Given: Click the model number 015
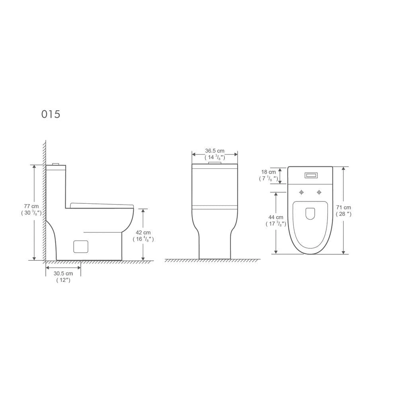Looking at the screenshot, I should (51, 114).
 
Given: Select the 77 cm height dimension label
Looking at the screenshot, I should (31, 206).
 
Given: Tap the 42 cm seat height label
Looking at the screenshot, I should (143, 232).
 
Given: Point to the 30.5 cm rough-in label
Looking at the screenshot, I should (63, 273).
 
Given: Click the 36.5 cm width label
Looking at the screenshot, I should (215, 151).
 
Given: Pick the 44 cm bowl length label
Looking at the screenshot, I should (275, 217).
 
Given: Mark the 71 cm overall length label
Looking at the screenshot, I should (343, 207).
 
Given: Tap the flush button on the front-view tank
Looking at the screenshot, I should (215, 163).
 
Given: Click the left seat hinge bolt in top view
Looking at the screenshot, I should (301, 193).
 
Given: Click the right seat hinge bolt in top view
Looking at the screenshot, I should (319, 193).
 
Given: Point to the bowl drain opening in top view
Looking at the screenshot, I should (310, 214).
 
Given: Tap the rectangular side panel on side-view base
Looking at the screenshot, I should (81, 246).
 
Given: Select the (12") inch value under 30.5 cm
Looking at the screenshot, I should (63, 281).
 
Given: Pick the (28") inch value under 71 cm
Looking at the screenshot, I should (343, 214).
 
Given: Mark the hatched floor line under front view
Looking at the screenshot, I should (213, 261).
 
